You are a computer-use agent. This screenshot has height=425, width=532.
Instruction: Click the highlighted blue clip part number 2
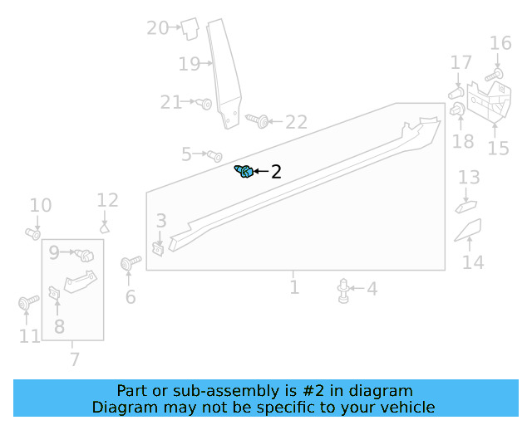244,172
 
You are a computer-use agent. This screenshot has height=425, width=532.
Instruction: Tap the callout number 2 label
276,172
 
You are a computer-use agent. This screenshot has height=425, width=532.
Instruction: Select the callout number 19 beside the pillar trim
190,64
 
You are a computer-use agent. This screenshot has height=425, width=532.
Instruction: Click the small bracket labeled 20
189,28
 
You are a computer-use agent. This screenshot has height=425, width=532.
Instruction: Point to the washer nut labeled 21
205,104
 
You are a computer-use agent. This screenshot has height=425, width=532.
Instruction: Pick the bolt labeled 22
259,121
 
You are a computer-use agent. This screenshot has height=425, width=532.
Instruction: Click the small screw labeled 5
214,155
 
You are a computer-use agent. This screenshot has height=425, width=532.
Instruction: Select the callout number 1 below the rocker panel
294,287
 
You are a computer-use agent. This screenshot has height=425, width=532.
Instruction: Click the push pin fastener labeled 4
343,290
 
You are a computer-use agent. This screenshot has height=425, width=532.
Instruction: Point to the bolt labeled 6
128,264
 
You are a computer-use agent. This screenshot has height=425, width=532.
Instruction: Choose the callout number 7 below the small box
75,359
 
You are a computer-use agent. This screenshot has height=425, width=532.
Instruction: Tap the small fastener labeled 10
33,233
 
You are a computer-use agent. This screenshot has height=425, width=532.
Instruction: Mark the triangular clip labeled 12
106,225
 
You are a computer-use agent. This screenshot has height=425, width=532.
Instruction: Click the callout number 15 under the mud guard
498,149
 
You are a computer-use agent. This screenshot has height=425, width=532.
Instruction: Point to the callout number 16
500,43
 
